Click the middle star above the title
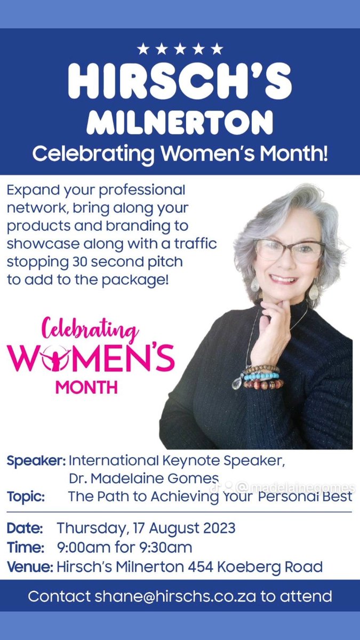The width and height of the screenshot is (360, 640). [x=180, y=49]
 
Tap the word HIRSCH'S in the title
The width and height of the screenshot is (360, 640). [x=180, y=82]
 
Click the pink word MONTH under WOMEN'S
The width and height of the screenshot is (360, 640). [x=86, y=386]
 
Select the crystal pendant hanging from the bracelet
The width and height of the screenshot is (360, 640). [x=238, y=383]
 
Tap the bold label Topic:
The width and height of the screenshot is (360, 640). [x=26, y=496]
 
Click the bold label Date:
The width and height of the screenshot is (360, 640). [x=25, y=529]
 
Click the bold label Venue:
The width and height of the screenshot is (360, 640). [x=29, y=566]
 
